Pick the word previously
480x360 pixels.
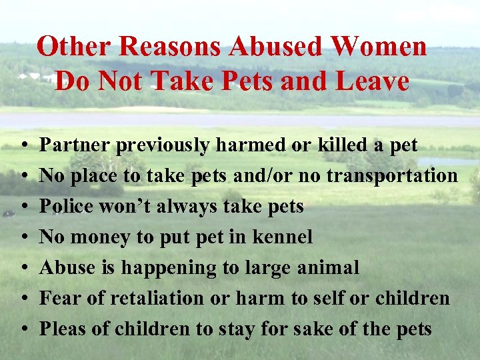click(165, 145)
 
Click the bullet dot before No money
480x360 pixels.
click(23, 238)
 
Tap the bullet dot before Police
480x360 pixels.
click(23, 207)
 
